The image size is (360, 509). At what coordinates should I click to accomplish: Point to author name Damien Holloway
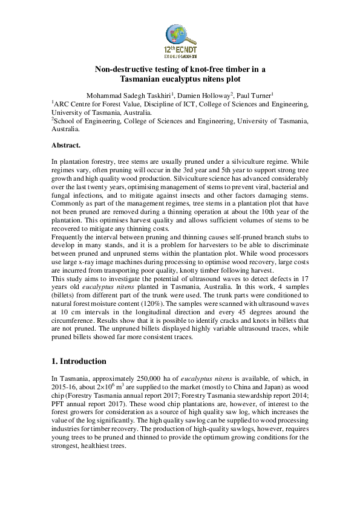coord(201,95)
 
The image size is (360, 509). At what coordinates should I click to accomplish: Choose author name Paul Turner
coord(255,95)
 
